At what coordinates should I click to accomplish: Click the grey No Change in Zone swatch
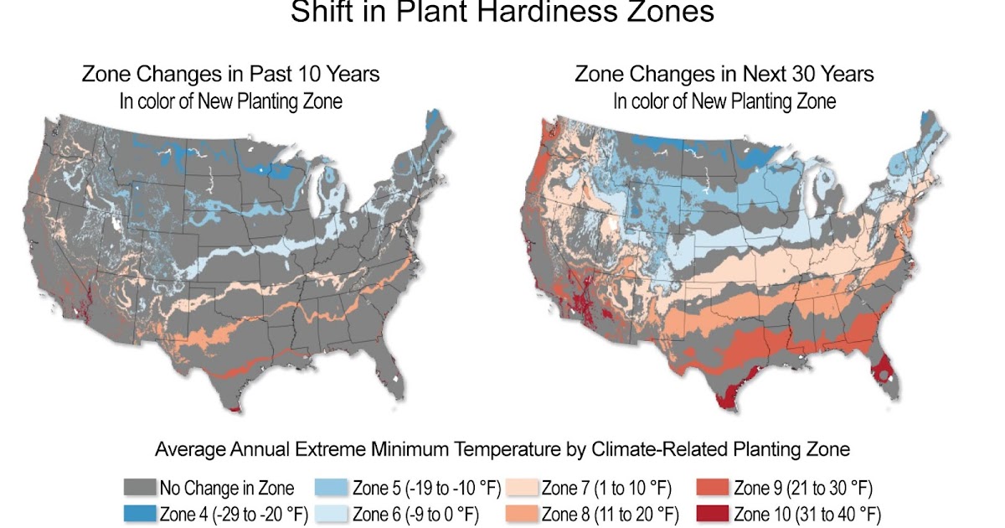[x=138, y=488]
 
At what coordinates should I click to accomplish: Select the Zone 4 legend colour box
[x=138, y=513]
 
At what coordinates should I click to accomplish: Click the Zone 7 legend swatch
[x=523, y=488]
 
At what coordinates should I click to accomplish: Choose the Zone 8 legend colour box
[x=523, y=513]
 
